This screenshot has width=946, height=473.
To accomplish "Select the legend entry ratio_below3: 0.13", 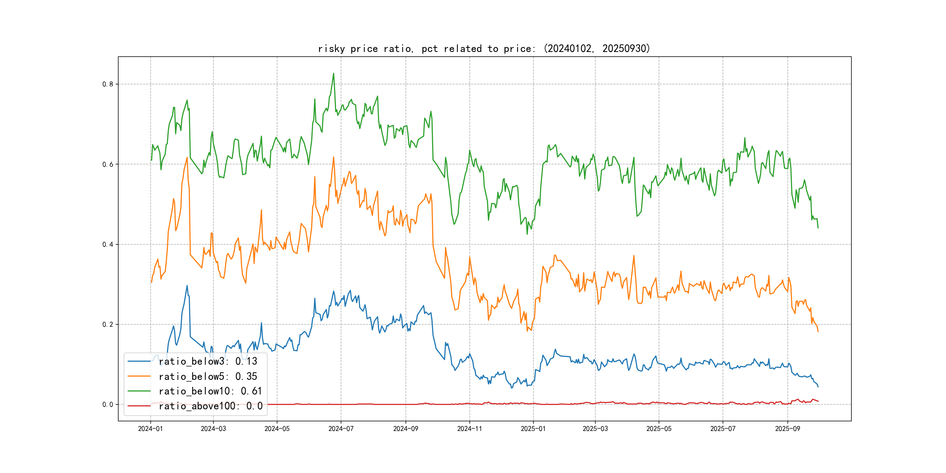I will pyautogui.click(x=208, y=361).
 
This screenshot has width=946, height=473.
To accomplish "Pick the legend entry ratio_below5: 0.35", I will pyautogui.click(x=208, y=376).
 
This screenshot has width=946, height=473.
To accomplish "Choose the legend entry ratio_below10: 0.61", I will pyautogui.click(x=210, y=391).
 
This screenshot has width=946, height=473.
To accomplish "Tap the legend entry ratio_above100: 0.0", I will pyautogui.click(x=211, y=406).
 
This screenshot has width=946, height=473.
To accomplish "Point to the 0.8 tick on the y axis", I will pyautogui.click(x=108, y=84).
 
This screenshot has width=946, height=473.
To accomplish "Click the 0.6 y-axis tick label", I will pyautogui.click(x=108, y=164).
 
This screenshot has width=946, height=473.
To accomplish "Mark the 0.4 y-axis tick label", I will pyautogui.click(x=108, y=244).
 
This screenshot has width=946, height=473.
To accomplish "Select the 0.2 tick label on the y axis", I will pyautogui.click(x=108, y=324).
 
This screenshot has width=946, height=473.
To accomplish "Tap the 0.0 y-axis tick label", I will pyautogui.click(x=108, y=404).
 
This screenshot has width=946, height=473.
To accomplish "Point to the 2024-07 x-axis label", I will pyautogui.click(x=341, y=429).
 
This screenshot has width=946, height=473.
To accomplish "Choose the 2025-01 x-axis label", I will pyautogui.click(x=533, y=429).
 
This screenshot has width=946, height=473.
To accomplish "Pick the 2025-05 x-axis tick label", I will pyautogui.click(x=659, y=429).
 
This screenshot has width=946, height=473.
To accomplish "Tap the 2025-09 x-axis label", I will pyautogui.click(x=787, y=429).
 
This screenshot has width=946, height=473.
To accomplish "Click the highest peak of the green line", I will pyautogui.click(x=333, y=74).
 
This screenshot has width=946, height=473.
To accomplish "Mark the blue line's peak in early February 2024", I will pyautogui.click(x=187, y=286).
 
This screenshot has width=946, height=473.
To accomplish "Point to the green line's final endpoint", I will pyautogui.click(x=818, y=228).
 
